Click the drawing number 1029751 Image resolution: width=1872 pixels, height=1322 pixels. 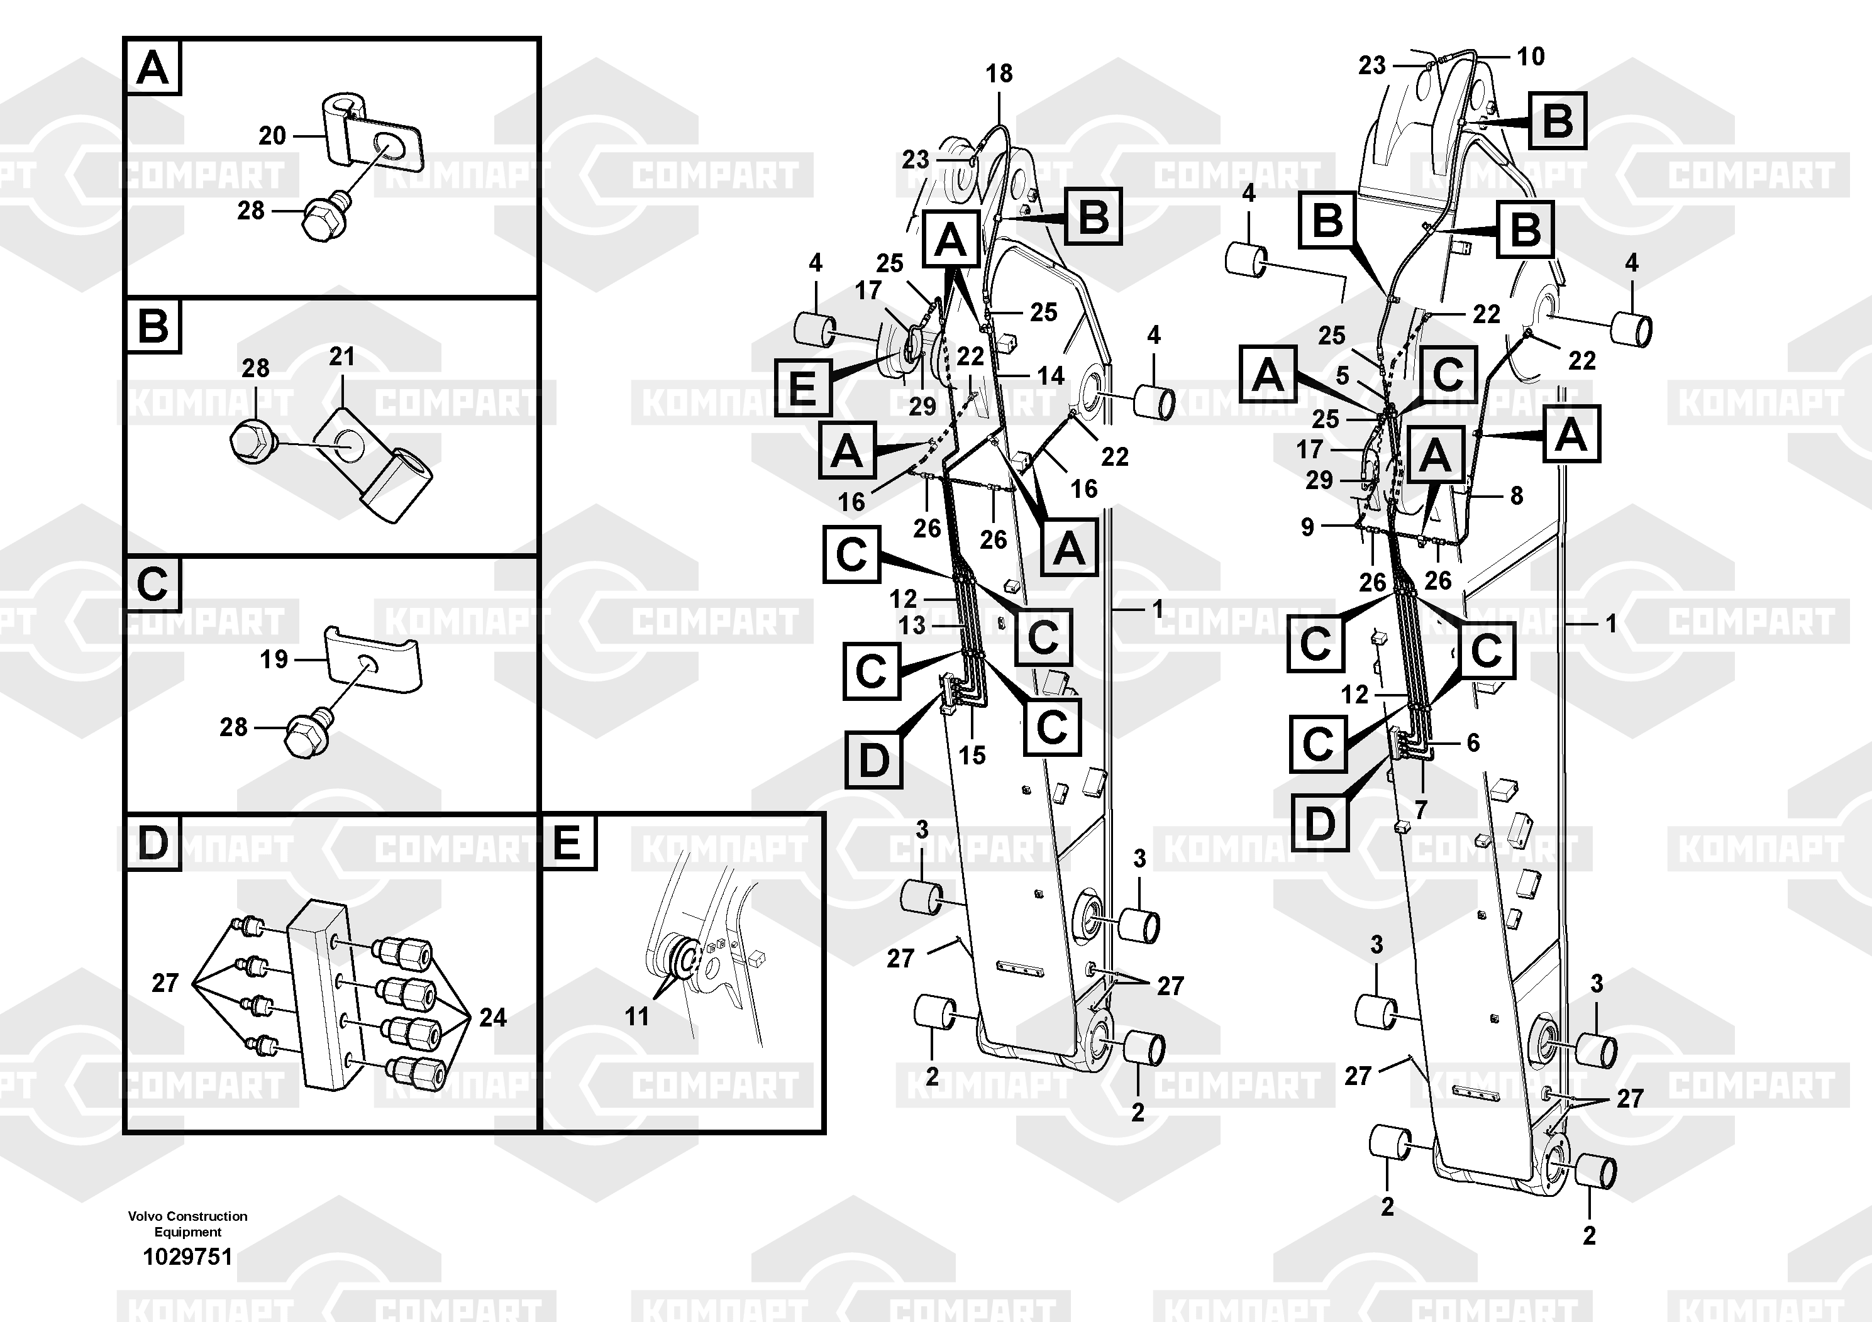pyautogui.click(x=187, y=1257)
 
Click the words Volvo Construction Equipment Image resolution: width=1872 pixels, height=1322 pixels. pyautogui.click(x=187, y=1224)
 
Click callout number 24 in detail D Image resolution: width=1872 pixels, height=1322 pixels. pyautogui.click(x=492, y=1017)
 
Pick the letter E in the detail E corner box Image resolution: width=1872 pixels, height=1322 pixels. pyautogui.click(x=567, y=843)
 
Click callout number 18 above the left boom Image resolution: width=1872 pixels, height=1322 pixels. pyautogui.click(x=999, y=74)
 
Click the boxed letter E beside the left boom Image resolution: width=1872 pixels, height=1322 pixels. pyautogui.click(x=802, y=387)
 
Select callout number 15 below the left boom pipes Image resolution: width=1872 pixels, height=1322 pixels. pyautogui.click(x=972, y=755)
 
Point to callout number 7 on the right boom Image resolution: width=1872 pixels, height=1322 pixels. pyautogui.click(x=1421, y=811)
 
